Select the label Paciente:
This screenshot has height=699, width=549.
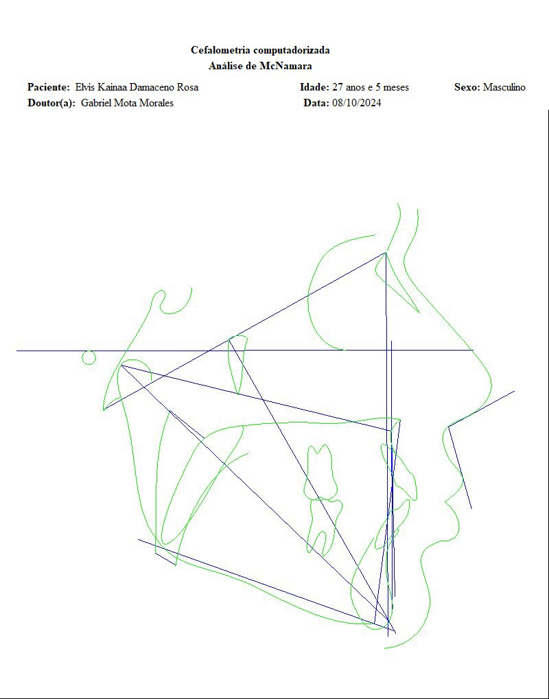tap(49, 87)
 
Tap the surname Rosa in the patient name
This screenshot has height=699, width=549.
tap(188, 87)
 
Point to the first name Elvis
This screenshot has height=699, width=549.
tap(85, 87)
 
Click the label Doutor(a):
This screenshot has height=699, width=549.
tap(51, 103)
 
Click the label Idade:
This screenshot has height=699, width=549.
tap(315, 87)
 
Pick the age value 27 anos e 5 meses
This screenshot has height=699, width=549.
tap(371, 87)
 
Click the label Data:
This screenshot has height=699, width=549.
tap(316, 103)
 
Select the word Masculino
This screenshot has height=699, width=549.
tap(504, 87)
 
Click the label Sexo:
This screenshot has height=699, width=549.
tap(467, 87)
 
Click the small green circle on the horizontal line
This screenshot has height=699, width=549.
tap(89, 357)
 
